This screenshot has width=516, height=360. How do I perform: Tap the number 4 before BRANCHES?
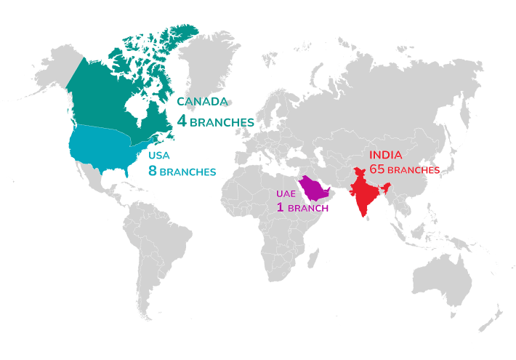coord(182,121)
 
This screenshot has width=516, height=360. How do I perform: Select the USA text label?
coord(159,155)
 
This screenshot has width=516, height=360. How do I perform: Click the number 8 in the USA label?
coord(153,171)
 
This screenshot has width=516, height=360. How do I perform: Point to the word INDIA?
coord(386,155)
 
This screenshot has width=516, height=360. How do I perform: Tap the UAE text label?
coord(286,194)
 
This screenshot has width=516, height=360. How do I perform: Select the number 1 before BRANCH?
coord(280,208)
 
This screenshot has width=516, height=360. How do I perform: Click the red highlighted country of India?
coord(363,191)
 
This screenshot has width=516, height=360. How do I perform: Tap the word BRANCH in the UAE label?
coord(308,209)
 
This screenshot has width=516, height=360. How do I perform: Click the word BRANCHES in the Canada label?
coord(221,123)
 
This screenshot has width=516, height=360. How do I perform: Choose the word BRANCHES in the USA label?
coord(188,172)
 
